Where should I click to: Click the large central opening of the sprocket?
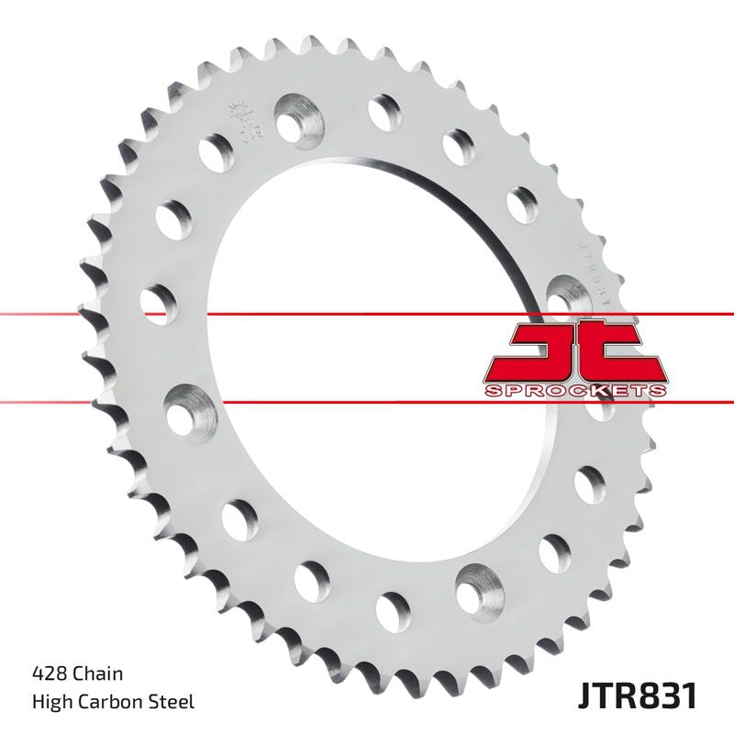click(376, 349)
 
